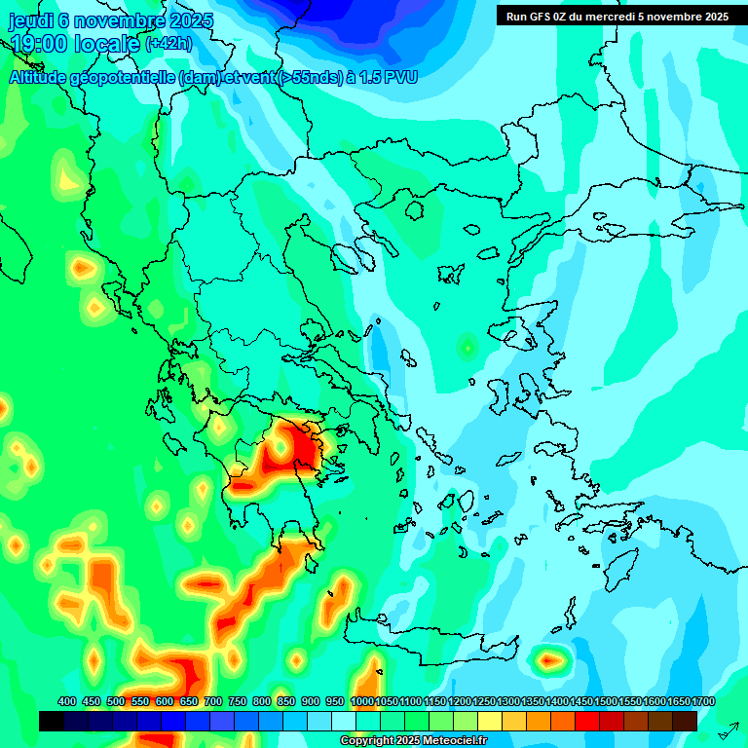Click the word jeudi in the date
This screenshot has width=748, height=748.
click(x=30, y=20)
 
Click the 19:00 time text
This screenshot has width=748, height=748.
click(x=39, y=44)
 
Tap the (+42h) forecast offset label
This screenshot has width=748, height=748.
click(x=168, y=44)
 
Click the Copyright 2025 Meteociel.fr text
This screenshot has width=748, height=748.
click(x=412, y=741)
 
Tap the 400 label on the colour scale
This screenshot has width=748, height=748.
click(x=67, y=701)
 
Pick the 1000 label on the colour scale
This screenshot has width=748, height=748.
click(x=362, y=701)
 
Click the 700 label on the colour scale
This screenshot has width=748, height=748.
click(x=213, y=701)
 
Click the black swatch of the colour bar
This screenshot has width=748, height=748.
click(x=52, y=722)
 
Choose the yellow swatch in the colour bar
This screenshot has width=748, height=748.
click(x=490, y=722)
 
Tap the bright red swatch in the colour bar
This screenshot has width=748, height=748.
click(x=587, y=722)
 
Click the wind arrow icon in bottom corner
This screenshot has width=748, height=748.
click(x=728, y=729)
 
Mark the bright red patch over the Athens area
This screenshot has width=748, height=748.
click(x=304, y=449)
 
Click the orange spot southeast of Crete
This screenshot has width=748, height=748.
click(x=552, y=661)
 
